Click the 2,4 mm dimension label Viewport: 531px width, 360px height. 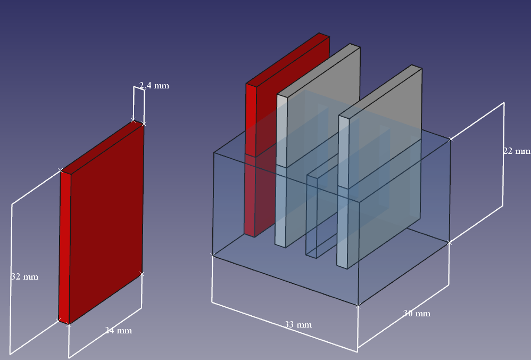click(154, 85)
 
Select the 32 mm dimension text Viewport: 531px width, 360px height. click(24, 277)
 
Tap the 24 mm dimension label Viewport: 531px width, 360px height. click(118, 331)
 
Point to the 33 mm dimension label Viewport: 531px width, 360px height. click(298, 324)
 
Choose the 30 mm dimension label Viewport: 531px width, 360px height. click(417, 313)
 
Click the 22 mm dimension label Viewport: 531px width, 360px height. click(517, 151)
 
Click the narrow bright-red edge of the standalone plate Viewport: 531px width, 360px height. click(65, 245)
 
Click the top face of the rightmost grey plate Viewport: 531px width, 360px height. click(381, 91)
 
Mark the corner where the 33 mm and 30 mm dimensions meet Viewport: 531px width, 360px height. click(358, 306)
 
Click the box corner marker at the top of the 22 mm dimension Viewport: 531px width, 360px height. click(451, 140)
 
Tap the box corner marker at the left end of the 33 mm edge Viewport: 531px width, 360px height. click(212, 256)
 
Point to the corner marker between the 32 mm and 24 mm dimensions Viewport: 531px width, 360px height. click(69, 324)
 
